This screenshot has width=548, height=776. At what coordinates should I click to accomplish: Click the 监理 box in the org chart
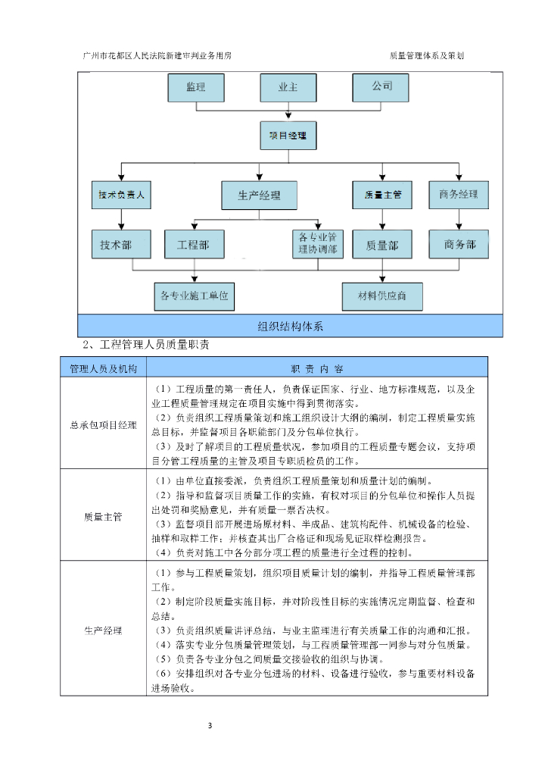pyautogui.click(x=196, y=87)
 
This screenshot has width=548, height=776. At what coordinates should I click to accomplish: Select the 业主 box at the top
pyautogui.click(x=288, y=87)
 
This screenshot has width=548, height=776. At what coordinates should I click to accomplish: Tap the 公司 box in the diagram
pyautogui.click(x=381, y=87)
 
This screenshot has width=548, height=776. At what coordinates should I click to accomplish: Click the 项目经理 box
pyautogui.click(x=288, y=136)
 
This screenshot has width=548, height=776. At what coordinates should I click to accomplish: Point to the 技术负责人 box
pyautogui.click(x=121, y=195)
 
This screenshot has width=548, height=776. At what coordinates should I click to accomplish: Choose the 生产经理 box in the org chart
pyautogui.click(x=259, y=195)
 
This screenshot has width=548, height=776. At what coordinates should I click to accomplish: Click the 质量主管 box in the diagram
pyautogui.click(x=382, y=195)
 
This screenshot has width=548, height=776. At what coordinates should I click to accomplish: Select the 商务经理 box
pyautogui.click(x=458, y=194)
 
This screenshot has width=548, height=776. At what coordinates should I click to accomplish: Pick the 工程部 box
pyautogui.click(x=194, y=245)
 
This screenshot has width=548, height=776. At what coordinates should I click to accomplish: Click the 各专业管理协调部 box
pyautogui.click(x=318, y=244)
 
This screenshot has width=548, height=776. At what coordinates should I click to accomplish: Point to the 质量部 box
pyautogui.click(x=382, y=245)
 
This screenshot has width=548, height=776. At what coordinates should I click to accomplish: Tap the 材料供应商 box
pyautogui.click(x=381, y=296)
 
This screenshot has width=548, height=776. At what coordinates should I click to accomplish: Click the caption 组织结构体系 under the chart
pyautogui.click(x=290, y=327)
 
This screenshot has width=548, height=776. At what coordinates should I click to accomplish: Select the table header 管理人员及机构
pyautogui.click(x=103, y=368)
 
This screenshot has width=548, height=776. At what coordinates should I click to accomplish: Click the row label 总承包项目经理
pyautogui.click(x=103, y=425)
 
